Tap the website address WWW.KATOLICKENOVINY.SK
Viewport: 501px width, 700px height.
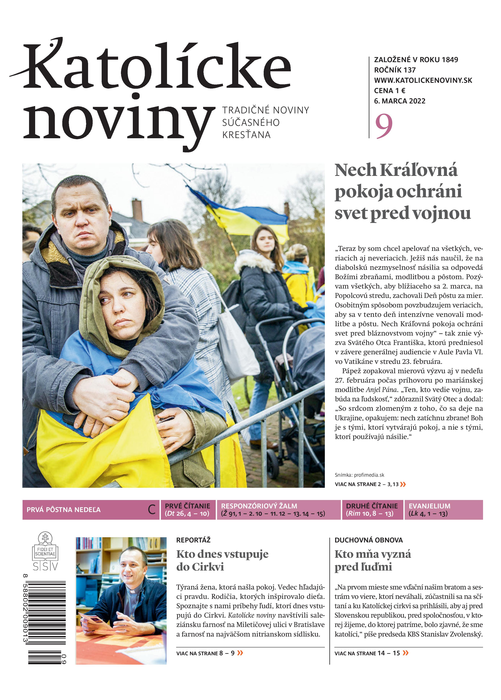click(423, 80)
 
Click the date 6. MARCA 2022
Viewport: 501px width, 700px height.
click(400, 101)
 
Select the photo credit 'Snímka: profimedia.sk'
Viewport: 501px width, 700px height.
click(359, 475)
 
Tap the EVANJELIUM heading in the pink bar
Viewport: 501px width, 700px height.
click(429, 506)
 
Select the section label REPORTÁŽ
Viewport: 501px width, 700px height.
click(193, 540)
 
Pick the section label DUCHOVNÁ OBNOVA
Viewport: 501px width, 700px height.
click(369, 540)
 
